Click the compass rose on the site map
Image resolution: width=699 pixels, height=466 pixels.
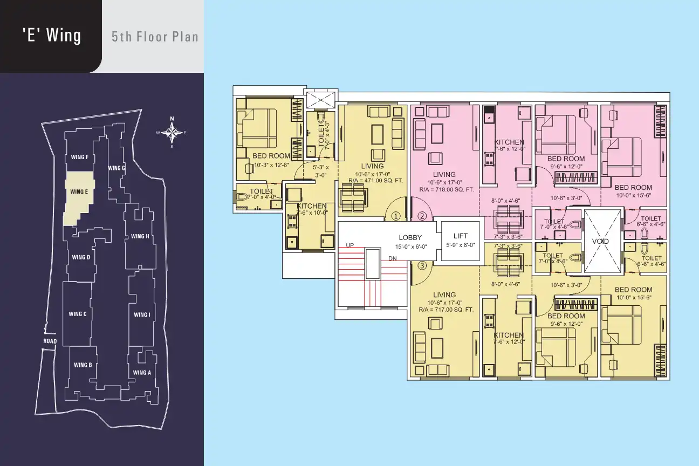tap(172, 133)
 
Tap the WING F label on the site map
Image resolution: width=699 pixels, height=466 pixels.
tap(80, 157)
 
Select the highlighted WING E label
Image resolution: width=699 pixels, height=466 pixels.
tap(79, 191)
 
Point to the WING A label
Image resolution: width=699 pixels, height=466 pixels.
tap(142, 372)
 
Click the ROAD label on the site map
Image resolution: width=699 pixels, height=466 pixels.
tap(50, 341)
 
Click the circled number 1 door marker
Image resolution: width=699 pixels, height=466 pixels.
tap(396, 216)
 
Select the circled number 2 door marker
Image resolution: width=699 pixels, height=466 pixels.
tap(422, 216)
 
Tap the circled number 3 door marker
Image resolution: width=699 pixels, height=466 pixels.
tap(422, 265)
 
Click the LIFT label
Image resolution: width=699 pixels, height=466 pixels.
tap(461, 236)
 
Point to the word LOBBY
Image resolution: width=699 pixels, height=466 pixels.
tap(410, 237)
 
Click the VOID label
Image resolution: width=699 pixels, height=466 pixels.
tap(600, 241)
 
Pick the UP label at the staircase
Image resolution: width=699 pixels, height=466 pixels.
tap(350, 245)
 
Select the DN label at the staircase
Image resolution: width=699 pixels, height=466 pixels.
tap(393, 258)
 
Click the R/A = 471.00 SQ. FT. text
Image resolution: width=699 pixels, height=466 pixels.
tap(376, 180)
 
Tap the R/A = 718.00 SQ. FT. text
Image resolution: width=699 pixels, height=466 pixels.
tap(447, 189)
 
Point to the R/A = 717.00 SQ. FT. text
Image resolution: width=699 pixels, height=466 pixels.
tap(446, 310)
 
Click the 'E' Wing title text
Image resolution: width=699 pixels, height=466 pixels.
tap(52, 35)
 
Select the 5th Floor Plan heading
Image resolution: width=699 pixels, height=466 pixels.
tap(155, 37)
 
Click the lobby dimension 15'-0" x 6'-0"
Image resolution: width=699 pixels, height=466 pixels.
tap(411, 246)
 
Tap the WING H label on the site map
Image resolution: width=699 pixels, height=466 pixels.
tap(140, 236)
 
